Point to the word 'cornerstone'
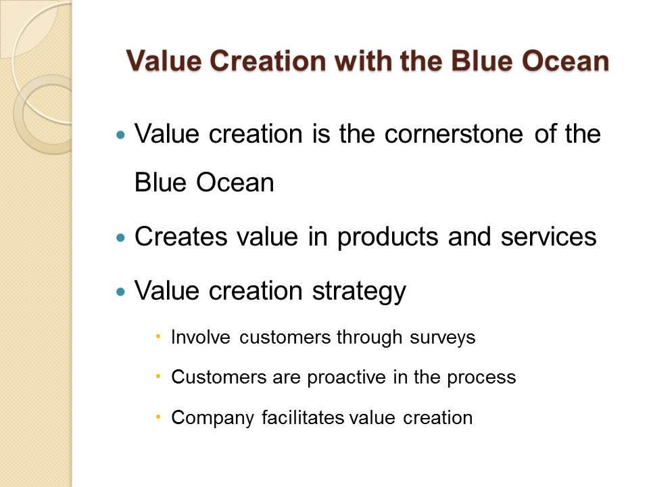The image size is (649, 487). (453, 134)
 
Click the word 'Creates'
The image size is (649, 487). (181, 237)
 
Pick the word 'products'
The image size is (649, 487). (387, 237)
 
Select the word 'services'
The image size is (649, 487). (548, 237)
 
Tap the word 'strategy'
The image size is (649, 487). (359, 292)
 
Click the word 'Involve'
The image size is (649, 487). (200, 337)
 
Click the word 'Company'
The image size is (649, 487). (212, 418)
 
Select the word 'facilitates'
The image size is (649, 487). (303, 417)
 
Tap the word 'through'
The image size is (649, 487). (369, 338)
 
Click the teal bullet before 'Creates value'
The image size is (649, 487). (120, 237)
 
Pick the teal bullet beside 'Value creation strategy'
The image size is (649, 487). (120, 292)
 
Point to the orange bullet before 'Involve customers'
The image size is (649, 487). (158, 336)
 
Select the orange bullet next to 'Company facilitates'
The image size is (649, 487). (158, 417)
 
